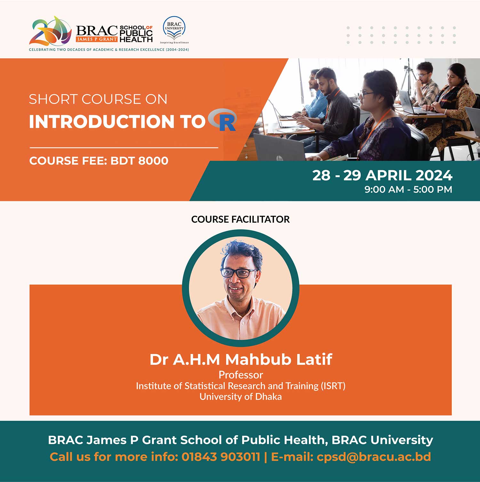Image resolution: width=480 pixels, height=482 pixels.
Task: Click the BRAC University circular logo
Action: pyautogui.click(x=174, y=28)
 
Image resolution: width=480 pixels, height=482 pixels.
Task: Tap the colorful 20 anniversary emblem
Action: pyautogui.click(x=50, y=31)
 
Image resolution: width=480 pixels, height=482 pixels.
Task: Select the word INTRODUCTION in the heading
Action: pyautogui.click(x=102, y=122)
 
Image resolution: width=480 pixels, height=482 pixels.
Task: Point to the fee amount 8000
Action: pyautogui.click(x=153, y=161)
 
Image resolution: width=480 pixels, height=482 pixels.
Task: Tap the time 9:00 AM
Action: pyautogui.click(x=384, y=189)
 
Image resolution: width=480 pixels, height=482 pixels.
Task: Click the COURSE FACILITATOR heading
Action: pyautogui.click(x=240, y=219)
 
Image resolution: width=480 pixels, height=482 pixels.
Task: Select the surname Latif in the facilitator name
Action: pyautogui.click(x=314, y=359)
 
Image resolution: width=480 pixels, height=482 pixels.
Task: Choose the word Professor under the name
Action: pyautogui.click(x=241, y=375)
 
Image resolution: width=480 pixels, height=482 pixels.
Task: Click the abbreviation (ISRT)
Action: pyautogui.click(x=333, y=386)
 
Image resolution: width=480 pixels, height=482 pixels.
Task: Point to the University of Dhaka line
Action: pyautogui.click(x=241, y=397)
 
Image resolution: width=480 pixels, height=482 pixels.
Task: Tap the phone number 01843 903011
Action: pyautogui.click(x=221, y=457)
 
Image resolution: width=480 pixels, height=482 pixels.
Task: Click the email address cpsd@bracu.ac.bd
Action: pyautogui.click(x=374, y=457)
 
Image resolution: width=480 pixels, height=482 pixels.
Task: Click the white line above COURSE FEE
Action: pyautogui.click(x=124, y=148)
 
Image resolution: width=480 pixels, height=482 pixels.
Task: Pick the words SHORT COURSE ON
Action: pyautogui.click(x=98, y=99)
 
